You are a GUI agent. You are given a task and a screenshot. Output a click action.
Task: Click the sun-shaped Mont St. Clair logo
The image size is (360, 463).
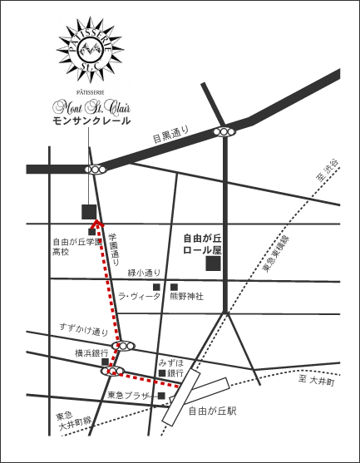pyautogui.click(x=91, y=50)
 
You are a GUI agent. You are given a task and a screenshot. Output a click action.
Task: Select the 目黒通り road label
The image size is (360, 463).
pyautogui.click(x=170, y=135)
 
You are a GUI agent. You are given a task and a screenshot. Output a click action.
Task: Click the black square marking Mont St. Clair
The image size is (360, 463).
pyautogui.click(x=89, y=210)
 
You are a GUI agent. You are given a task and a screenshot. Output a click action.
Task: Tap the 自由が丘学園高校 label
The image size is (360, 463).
pyautogui.click(x=75, y=246)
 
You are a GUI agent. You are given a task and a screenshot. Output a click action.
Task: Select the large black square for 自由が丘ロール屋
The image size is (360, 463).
pyautogui.click(x=214, y=264)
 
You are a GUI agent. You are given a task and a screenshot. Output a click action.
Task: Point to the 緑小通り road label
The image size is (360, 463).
pyautogui.click(x=145, y=272)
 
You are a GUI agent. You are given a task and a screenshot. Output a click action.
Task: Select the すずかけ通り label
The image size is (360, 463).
pyautogui.click(x=84, y=330)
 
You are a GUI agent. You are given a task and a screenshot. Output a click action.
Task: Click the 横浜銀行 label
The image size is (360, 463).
pyautogui.click(x=91, y=352)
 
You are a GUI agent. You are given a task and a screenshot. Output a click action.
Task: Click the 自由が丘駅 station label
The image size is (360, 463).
pyautogui.click(x=213, y=411)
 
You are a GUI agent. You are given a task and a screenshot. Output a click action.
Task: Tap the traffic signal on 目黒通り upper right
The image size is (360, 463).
pyautogui.click(x=224, y=131)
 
